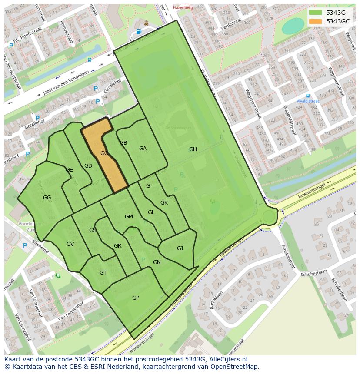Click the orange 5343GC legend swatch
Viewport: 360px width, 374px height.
coord(316,21)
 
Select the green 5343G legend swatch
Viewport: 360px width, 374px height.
coord(316,13)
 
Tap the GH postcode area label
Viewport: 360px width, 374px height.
coord(193,149)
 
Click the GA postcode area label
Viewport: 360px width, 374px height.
coord(143,149)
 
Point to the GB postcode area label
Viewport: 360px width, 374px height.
coord(123,143)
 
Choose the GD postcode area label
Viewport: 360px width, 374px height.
coord(88,166)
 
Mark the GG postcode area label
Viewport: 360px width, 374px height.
coord(47,198)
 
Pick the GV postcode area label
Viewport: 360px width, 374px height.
coord(70,244)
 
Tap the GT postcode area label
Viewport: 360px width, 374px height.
coord(103,273)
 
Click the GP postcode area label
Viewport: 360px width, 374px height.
coord(136,298)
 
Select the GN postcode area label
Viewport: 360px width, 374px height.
coord(157,262)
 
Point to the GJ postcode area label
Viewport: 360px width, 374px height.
coord(180,248)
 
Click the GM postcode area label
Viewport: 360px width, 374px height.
coord(129,217)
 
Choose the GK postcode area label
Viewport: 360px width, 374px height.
coord(164,203)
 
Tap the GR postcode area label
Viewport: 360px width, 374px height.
coord(117,246)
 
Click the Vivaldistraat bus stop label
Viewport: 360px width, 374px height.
coord(308,101)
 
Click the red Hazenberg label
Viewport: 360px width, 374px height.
coord(183,7)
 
